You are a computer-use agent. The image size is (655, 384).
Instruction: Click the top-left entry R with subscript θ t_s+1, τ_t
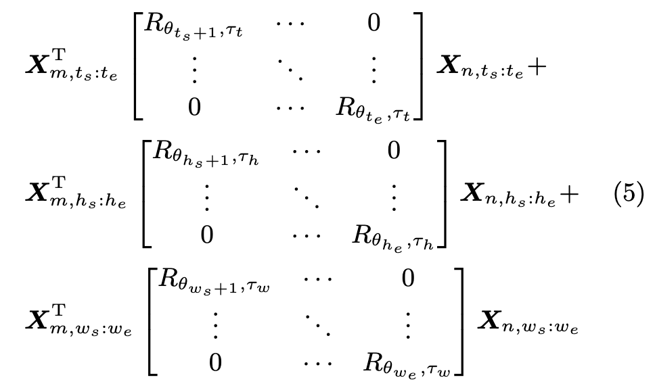[187, 28]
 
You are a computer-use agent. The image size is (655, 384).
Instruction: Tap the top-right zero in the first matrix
[374, 24]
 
